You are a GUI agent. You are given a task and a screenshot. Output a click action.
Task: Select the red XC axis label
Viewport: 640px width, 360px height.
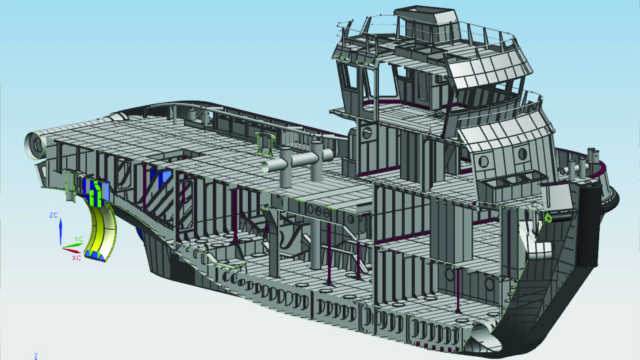[x=76, y=257]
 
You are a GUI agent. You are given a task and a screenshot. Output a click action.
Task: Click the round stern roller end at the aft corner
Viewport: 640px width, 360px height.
[x=32, y=146]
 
